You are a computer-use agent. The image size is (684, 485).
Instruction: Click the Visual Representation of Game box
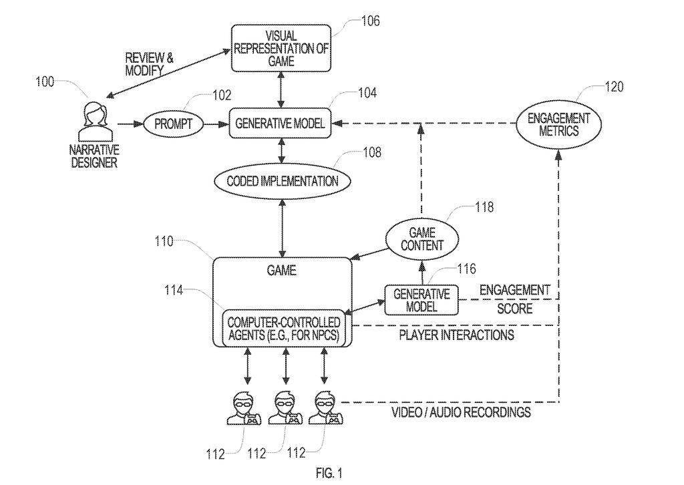(x=281, y=48)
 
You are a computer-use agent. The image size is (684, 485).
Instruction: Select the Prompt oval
(x=173, y=124)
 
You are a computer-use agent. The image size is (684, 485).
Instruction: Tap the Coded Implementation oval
(x=283, y=181)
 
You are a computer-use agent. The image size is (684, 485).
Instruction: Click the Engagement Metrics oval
(x=558, y=124)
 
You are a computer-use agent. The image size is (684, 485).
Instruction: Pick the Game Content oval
(x=422, y=239)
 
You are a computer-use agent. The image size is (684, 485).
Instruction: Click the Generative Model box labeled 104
(x=280, y=124)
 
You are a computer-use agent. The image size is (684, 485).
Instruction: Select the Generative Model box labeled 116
(x=421, y=300)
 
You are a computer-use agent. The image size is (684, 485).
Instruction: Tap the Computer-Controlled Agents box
(x=283, y=329)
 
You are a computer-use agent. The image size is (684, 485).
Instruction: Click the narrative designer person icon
(x=95, y=122)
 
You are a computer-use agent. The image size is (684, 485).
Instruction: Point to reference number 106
(x=370, y=21)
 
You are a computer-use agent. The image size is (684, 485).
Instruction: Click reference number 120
(x=615, y=87)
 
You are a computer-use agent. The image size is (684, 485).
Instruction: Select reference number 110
(x=164, y=241)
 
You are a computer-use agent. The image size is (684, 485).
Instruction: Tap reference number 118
(x=484, y=206)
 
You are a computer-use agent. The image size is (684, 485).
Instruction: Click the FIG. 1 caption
(x=329, y=473)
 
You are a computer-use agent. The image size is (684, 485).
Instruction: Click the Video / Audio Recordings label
(x=462, y=412)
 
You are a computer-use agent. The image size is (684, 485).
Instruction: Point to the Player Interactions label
(x=457, y=335)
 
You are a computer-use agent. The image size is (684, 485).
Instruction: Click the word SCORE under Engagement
(x=515, y=309)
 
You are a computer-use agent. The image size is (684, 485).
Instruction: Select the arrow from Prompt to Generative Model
(x=216, y=124)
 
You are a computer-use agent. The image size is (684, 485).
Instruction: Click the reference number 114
(x=174, y=290)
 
